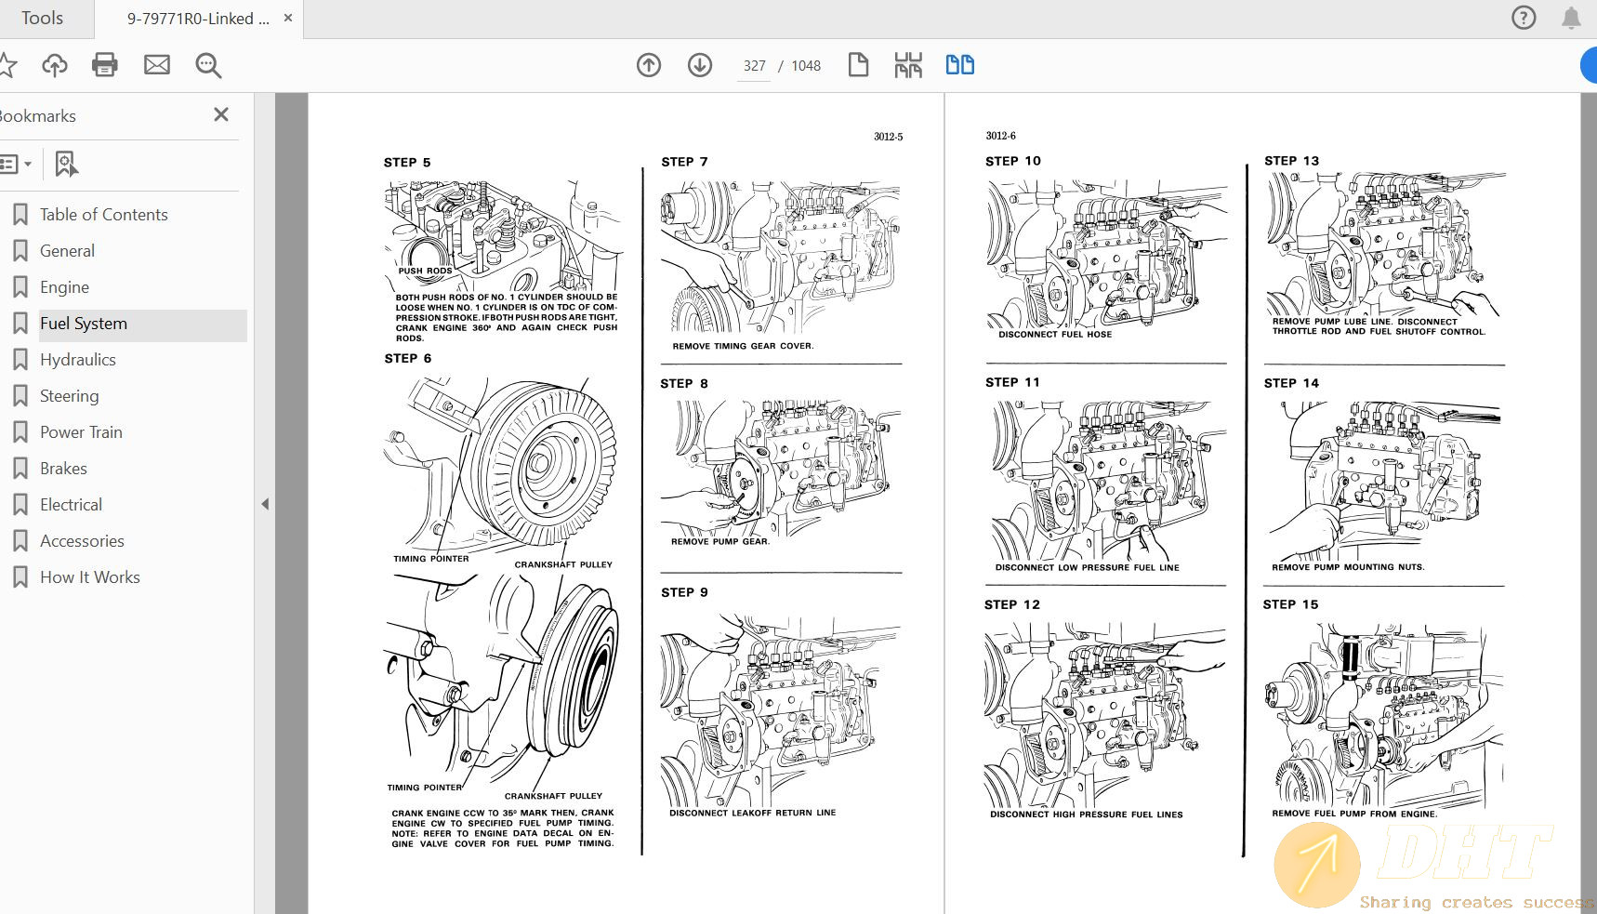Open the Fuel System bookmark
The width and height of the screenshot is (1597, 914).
(84, 324)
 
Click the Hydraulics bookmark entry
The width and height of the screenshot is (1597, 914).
(78, 360)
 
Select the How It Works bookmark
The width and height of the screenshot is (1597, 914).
(89, 577)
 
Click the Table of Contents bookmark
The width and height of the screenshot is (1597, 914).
(103, 215)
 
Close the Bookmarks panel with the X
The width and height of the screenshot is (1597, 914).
(221, 114)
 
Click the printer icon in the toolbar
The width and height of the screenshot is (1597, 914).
(105, 65)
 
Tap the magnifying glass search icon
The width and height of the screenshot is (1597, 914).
(208, 65)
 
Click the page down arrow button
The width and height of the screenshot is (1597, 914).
(700, 65)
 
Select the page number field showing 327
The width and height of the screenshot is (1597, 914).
(754, 66)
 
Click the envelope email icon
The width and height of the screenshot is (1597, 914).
(157, 65)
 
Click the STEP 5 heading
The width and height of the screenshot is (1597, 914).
(407, 163)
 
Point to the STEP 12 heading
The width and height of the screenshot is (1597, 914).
(1012, 604)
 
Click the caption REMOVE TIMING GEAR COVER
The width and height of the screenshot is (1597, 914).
(743, 346)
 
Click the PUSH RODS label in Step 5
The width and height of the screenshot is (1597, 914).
(425, 272)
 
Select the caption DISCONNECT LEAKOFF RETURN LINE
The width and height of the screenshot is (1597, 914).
(752, 813)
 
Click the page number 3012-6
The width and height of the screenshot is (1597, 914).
(1000, 136)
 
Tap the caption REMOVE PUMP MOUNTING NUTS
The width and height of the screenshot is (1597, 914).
(1348, 567)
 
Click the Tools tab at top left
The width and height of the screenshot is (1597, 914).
(42, 19)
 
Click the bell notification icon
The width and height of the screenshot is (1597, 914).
(1571, 18)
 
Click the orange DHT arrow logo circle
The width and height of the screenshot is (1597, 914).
(1316, 865)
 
